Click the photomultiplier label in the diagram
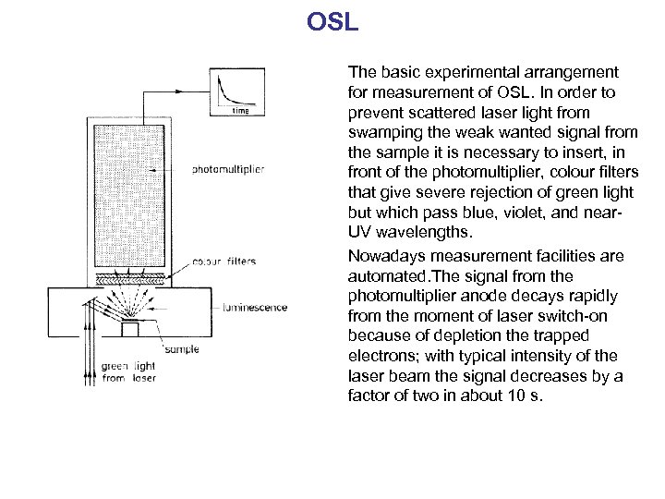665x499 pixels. [x=224, y=169]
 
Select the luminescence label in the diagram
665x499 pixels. [x=253, y=308]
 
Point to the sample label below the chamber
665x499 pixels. [x=181, y=350]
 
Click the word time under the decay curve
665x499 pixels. [x=240, y=110]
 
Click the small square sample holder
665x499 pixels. [x=130, y=328]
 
